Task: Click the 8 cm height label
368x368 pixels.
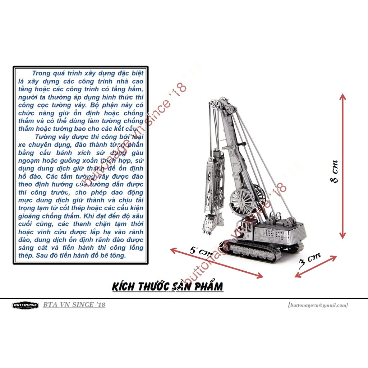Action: click(x=335, y=172)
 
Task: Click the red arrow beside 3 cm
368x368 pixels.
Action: click(x=316, y=266)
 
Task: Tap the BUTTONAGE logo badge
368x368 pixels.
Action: click(x=25, y=305)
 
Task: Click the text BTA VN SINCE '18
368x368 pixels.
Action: click(x=74, y=305)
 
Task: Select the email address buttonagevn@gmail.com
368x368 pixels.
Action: click(x=318, y=305)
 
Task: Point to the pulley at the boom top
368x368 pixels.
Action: click(x=216, y=105)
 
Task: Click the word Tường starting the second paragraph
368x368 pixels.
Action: click(x=46, y=137)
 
